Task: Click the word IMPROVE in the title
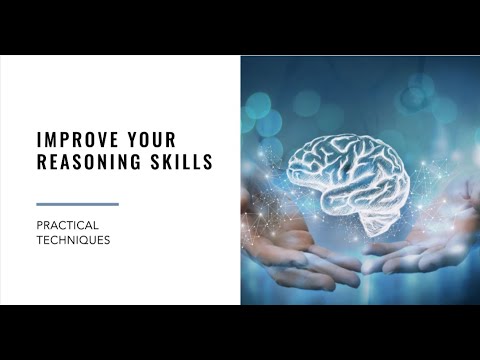coord(79,139)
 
